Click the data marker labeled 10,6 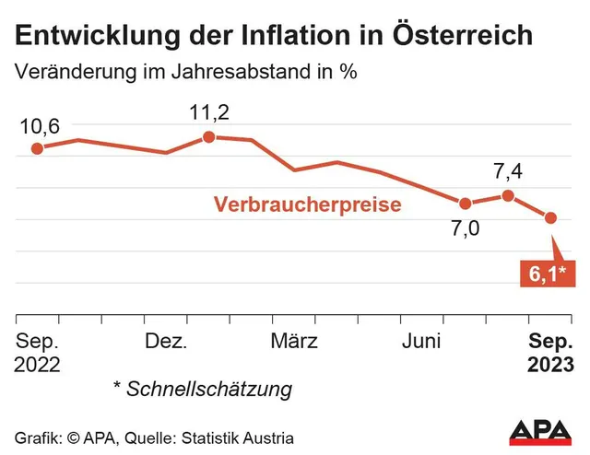(37, 148)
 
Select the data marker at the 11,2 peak (208, 136)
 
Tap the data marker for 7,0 (465, 204)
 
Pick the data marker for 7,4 (508, 195)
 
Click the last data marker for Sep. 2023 (551, 218)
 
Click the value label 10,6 (39, 126)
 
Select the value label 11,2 (209, 113)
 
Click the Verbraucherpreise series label (307, 204)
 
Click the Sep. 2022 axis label (37, 353)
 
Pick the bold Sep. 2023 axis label (550, 353)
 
